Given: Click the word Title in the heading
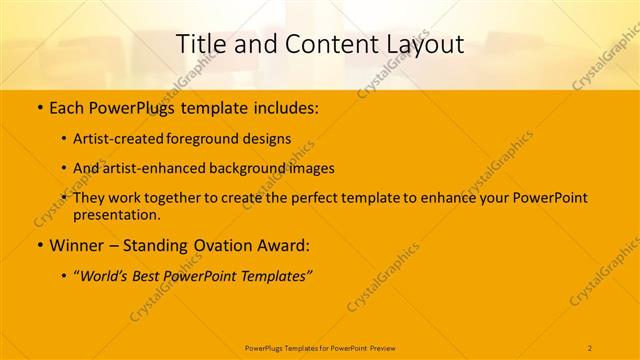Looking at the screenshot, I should click(200, 44).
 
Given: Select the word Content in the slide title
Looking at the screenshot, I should click(315, 44).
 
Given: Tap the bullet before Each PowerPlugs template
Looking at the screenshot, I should click(38, 105).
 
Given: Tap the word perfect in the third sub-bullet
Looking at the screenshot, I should click(316, 198).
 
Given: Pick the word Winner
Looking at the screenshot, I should click(77, 245).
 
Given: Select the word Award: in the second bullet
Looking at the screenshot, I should click(290, 245).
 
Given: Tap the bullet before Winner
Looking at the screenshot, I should click(38, 245).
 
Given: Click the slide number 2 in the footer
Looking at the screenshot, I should click(590, 347).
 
